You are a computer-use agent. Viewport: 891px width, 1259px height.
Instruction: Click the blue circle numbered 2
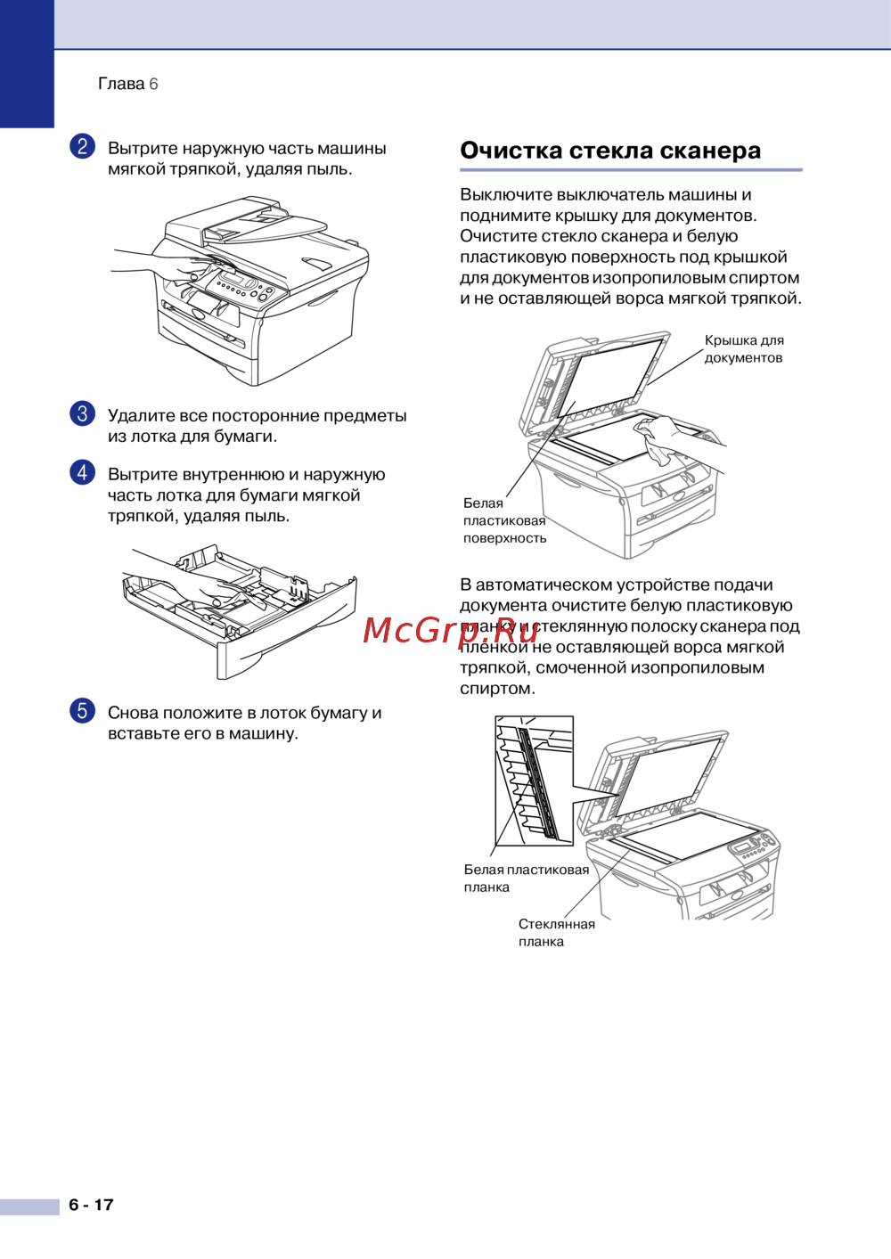(82, 147)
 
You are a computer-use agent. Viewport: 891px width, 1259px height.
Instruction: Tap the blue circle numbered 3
(82, 413)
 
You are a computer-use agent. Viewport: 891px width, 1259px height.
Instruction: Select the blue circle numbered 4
(82, 472)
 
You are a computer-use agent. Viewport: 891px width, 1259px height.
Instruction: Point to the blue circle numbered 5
(82, 710)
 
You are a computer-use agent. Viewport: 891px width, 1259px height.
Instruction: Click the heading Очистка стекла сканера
(610, 151)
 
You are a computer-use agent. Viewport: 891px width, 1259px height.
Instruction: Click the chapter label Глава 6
(128, 84)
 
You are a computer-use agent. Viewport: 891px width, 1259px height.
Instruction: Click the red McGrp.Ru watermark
(450, 631)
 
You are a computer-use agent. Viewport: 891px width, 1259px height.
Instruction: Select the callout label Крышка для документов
(744, 349)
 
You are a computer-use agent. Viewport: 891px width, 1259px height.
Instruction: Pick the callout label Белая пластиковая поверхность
(504, 520)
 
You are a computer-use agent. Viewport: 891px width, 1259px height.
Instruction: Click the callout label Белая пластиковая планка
(527, 879)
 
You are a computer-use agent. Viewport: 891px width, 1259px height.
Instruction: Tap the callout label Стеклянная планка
(557, 933)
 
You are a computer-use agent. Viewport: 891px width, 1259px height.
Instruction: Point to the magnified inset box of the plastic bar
(534, 781)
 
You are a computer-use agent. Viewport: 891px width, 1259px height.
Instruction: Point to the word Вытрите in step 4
(143, 475)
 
